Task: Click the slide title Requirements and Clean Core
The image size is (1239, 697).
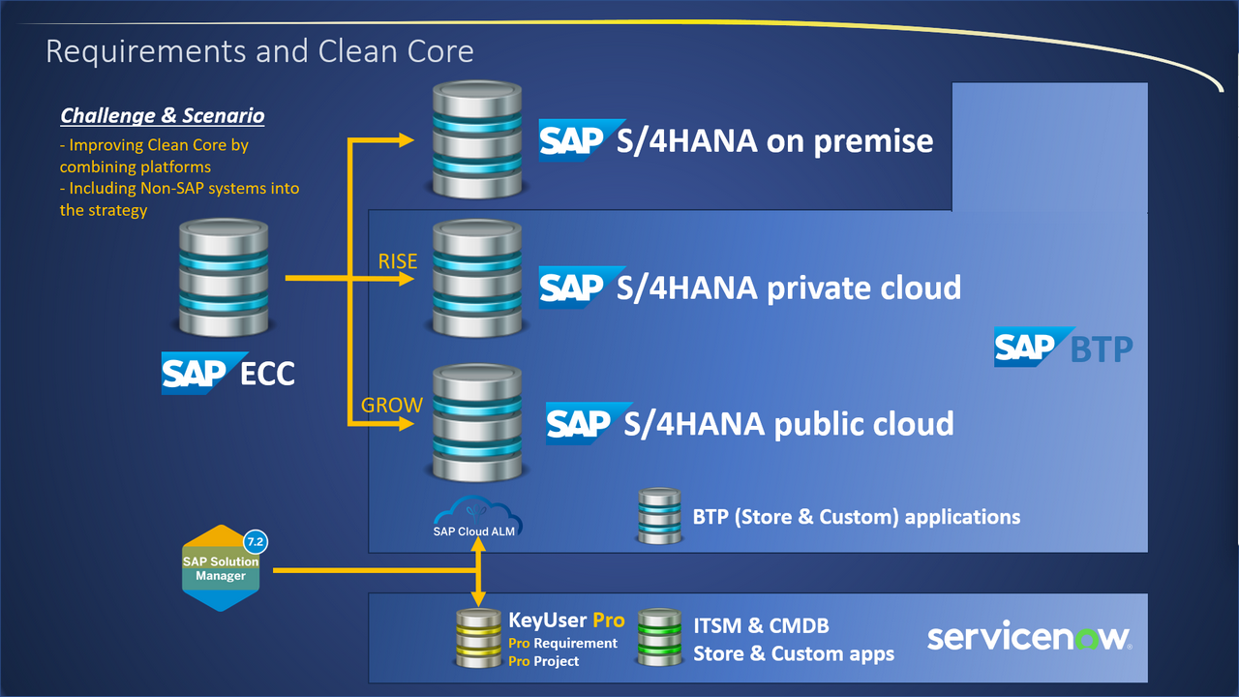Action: coord(259,50)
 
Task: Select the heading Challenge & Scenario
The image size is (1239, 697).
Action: coord(162,115)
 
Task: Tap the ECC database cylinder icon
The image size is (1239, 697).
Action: coord(224,279)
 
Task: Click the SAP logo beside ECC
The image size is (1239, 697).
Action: coord(194,373)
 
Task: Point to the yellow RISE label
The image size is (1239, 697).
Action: coord(398,261)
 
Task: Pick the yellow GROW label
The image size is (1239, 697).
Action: coord(392,405)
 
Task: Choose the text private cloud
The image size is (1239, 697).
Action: coord(863,288)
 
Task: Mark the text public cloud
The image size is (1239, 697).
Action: coord(857,423)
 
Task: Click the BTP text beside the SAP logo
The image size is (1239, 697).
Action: coord(1102,348)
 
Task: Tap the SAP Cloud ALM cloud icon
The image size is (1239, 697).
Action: coord(474,508)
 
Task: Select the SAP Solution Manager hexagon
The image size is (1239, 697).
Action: coord(222,568)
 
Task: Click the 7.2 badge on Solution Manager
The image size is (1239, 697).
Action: coord(256,541)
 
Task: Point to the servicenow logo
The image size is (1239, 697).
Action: coord(1029,637)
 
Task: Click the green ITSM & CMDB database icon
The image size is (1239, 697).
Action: coord(659,638)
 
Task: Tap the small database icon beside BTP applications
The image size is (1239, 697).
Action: coord(658,516)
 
